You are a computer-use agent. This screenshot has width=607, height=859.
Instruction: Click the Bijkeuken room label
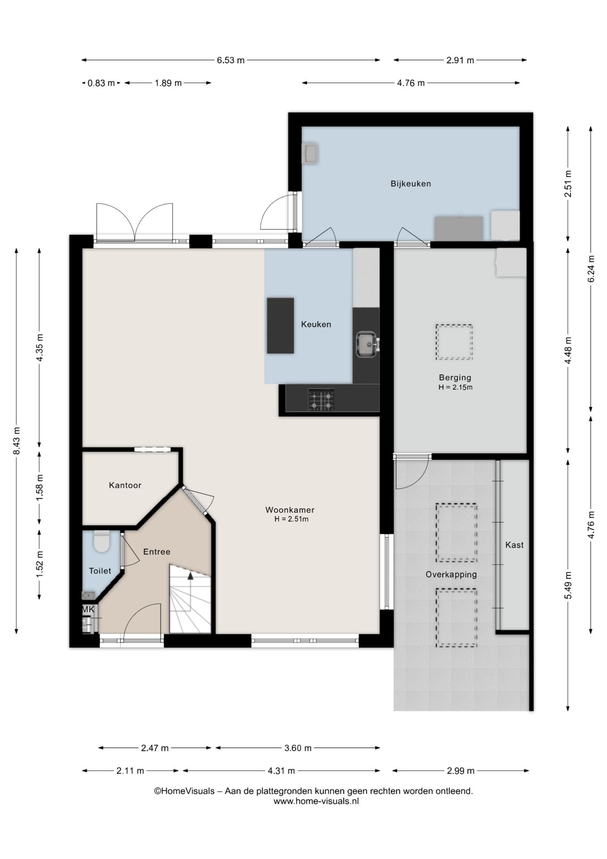click(410, 183)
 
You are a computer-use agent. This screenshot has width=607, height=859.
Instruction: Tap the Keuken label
click(316, 324)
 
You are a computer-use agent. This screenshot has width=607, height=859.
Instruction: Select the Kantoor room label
click(125, 485)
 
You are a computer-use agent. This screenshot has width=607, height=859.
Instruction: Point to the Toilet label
click(100, 570)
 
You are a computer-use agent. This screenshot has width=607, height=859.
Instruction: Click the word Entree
click(157, 552)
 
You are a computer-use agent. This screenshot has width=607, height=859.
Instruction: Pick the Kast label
click(514, 544)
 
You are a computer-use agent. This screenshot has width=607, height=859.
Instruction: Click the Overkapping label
click(451, 574)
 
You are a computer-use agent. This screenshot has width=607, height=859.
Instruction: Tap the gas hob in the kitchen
click(321, 400)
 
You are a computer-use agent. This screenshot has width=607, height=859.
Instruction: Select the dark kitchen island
click(280, 326)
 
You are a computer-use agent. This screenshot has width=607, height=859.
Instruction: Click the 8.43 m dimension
click(17, 441)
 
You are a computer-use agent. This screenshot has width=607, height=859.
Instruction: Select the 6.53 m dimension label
click(231, 60)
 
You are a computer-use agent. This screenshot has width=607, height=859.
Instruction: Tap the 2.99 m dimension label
click(460, 770)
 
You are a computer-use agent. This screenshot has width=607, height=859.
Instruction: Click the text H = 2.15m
click(455, 387)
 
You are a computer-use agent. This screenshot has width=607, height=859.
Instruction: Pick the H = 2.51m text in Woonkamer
click(291, 519)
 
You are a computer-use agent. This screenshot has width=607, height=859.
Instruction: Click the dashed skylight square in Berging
click(454, 342)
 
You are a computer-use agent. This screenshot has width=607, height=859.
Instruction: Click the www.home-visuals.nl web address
click(316, 801)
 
